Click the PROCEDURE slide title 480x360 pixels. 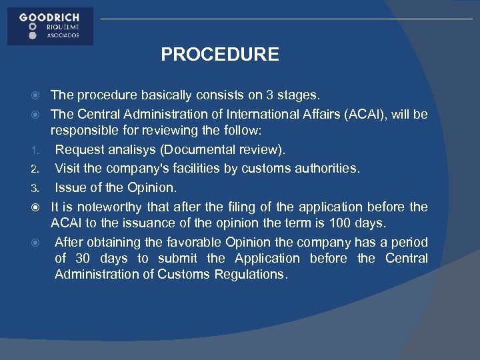pos(220,55)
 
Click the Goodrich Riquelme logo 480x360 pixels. pos(50,26)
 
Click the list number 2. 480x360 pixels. pos(39,169)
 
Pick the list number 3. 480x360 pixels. pos(39,188)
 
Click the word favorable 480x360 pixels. pos(200,241)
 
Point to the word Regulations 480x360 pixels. pos(247,275)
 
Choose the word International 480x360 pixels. pos(255,114)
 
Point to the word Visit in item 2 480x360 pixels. pos(67,168)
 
